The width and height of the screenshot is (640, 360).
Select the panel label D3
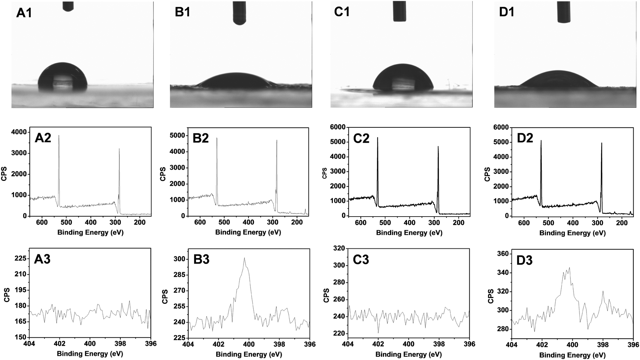point(525,260)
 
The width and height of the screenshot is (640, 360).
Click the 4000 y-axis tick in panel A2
point(19,132)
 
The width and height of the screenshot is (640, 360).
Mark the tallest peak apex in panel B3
point(244,258)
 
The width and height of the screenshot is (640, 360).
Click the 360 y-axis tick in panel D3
point(501,254)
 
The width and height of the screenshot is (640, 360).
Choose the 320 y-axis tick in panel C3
point(338,248)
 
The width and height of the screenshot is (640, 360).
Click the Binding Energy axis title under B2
point(248,232)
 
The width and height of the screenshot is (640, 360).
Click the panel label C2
point(361,139)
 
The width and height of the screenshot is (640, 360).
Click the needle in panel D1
point(564,11)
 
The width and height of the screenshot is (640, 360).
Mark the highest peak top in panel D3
point(570,268)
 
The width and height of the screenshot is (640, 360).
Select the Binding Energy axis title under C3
point(409,354)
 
